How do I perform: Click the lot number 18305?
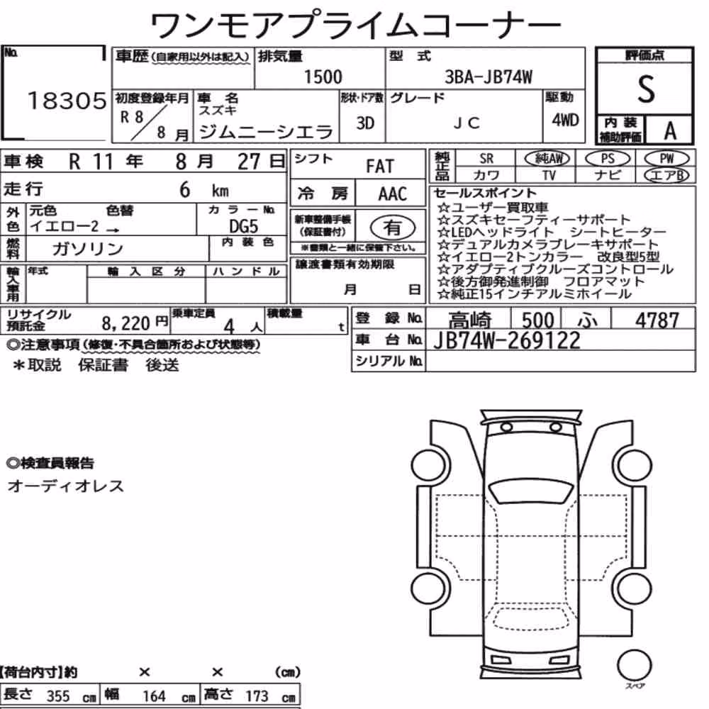(x=67, y=101)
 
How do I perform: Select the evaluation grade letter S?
(x=646, y=89)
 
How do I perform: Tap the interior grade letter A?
(x=670, y=131)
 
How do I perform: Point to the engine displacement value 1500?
(x=323, y=77)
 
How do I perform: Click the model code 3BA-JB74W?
(x=489, y=77)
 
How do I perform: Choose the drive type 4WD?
(x=565, y=120)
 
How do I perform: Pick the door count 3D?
(x=365, y=123)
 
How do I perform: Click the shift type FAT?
(x=380, y=167)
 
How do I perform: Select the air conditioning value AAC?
(x=393, y=194)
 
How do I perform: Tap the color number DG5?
(x=243, y=226)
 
